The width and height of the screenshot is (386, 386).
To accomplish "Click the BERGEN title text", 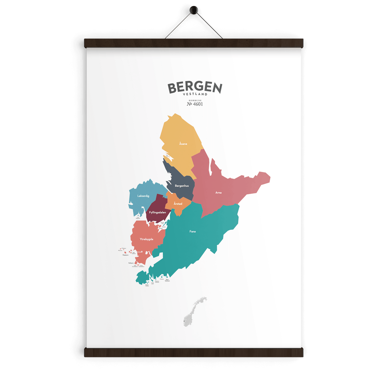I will coord(195,88).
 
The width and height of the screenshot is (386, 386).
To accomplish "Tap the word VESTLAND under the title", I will coord(195,94).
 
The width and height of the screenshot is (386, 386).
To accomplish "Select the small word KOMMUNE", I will coord(195,100).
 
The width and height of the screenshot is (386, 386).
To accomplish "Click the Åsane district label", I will coord(183,144).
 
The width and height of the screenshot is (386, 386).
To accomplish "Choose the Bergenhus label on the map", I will coord(182,186).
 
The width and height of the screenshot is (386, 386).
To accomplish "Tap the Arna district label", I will coord(218,193).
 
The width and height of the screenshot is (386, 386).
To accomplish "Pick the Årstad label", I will coord(178,204).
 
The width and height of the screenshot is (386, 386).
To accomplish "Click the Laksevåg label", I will coord(143,196).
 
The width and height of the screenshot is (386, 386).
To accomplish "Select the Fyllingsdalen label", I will coord(158,213).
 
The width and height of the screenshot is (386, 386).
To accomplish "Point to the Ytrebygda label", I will coord(146,239).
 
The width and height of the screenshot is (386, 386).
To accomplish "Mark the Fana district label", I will coord(193,232).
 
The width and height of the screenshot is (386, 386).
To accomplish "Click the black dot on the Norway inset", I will coord(184,321).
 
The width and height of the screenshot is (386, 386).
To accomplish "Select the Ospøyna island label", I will coord(125,255).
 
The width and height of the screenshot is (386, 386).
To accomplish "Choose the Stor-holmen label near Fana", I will coord(168,280).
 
